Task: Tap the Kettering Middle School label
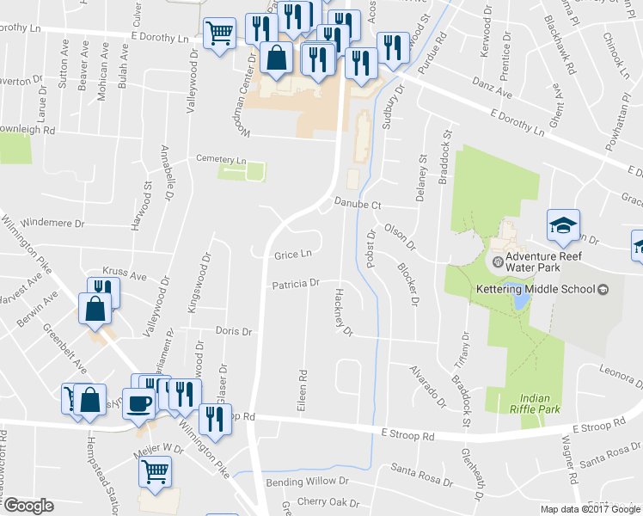coord(536,290)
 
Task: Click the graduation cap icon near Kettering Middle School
coord(564,226)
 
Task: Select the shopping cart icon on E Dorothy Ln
coord(220,34)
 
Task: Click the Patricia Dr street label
coord(296,283)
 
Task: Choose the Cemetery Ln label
coord(221,160)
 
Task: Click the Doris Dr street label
coord(234,331)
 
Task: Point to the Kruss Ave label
coord(125,273)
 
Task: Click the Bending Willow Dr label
coord(307,482)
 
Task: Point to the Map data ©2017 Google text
coord(590,509)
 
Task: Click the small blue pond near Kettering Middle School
coord(520,301)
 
